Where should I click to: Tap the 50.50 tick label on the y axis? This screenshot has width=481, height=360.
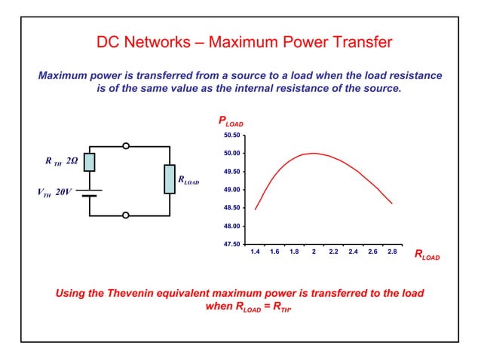pyautogui.click(x=231, y=136)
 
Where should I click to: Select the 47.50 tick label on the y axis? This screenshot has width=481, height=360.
pyautogui.click(x=231, y=244)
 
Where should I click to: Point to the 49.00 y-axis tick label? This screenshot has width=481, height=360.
pyautogui.click(x=231, y=190)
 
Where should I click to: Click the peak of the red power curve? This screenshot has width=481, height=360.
pyautogui.click(x=314, y=153)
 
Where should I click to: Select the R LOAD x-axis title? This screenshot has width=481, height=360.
pyautogui.click(x=426, y=256)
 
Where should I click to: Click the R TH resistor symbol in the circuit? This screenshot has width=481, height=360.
pyautogui.click(x=90, y=162)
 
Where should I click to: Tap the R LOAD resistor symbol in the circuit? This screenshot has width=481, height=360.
pyautogui.click(x=170, y=179)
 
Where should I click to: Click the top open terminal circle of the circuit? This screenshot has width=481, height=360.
pyautogui.click(x=126, y=145)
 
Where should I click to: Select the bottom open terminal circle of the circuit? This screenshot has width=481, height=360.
pyautogui.click(x=126, y=215)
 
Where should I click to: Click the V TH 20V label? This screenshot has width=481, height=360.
pyautogui.click(x=54, y=192)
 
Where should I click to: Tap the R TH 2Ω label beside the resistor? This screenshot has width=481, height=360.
pyautogui.click(x=61, y=161)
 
